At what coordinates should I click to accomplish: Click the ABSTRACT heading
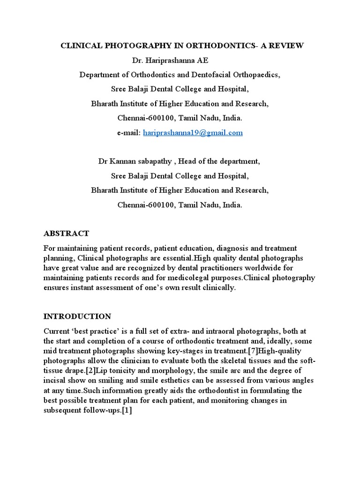tap(66, 233)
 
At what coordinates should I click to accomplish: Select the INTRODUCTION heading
tap(77, 316)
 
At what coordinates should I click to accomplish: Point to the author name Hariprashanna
tap(166, 60)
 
